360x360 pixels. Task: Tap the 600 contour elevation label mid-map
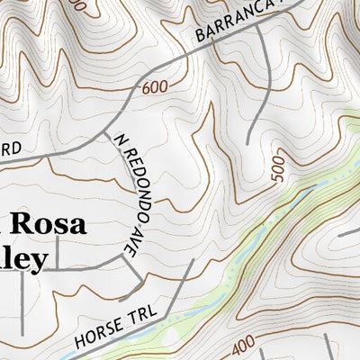click(x=155, y=88)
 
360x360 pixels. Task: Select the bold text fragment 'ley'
click(x=23, y=259)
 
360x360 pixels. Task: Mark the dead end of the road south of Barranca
click(x=249, y=142)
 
